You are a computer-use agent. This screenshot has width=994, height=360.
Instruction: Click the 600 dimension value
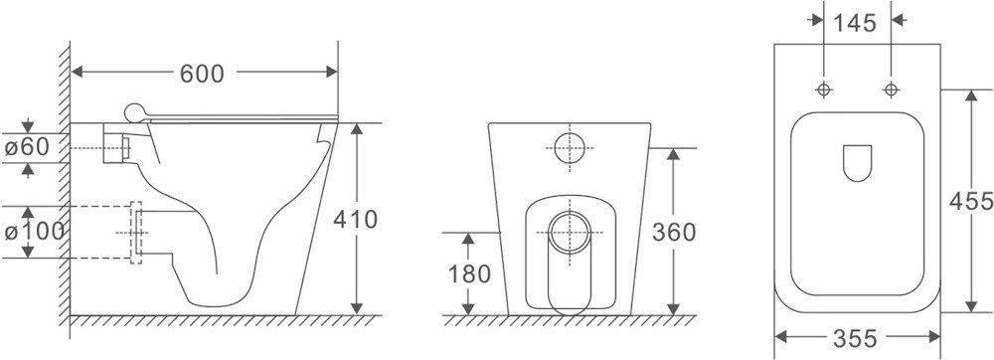click(x=202, y=74)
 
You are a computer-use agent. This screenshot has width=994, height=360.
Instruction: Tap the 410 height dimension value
click(x=356, y=220)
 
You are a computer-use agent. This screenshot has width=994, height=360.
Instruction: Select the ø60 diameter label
click(x=27, y=147)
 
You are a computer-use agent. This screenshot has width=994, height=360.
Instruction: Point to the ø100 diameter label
click(x=34, y=232)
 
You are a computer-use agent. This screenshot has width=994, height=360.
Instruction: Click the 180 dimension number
click(x=470, y=273)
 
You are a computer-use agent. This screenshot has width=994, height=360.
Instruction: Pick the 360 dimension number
click(x=675, y=233)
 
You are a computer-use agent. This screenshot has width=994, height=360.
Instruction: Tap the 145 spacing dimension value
click(x=855, y=24)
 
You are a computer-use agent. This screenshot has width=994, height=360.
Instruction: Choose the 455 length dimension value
click(x=971, y=201)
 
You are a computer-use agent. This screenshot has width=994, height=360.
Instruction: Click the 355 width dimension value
click(x=855, y=338)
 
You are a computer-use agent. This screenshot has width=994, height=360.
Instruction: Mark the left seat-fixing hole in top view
click(x=823, y=90)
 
